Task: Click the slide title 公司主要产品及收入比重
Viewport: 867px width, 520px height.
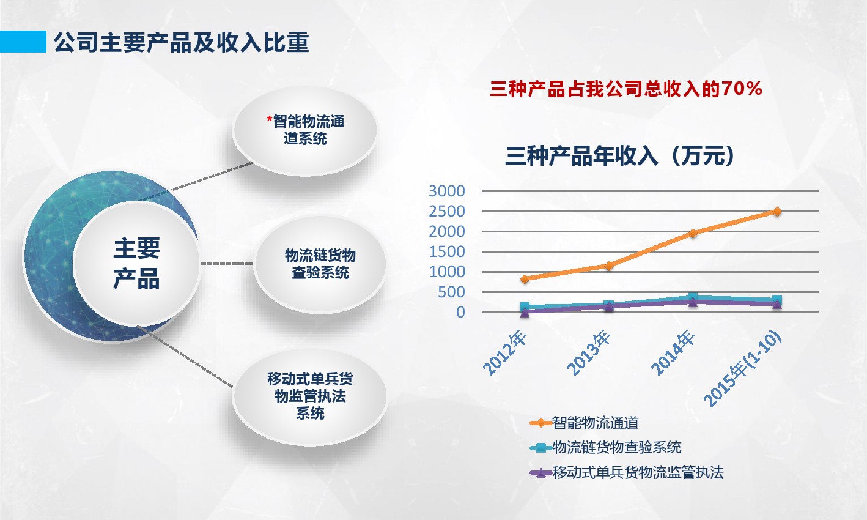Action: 181,42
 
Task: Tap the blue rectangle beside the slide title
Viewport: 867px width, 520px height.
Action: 23,42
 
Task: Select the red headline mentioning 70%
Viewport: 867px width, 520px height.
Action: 626,89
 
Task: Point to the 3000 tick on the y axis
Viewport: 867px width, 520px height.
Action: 447,191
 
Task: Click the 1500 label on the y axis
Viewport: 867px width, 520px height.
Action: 447,251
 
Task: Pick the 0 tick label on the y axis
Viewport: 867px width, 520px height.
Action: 460,312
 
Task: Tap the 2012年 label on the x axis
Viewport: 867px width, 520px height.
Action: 505,352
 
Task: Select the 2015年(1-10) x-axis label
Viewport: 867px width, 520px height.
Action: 742,368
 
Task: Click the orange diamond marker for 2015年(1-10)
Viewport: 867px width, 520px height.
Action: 777,212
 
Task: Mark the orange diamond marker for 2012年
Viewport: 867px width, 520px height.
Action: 525,279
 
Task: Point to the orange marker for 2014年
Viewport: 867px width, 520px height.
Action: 693,233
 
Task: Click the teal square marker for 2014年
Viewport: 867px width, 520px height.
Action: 693,297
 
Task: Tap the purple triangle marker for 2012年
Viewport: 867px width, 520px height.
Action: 525,313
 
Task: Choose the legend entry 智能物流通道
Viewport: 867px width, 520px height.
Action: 584,423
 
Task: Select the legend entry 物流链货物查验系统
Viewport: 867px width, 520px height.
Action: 605,448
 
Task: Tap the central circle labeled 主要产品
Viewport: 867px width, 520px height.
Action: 136,264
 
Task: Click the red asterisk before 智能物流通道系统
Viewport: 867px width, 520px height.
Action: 270,119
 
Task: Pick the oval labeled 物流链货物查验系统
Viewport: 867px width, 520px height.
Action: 320,264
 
